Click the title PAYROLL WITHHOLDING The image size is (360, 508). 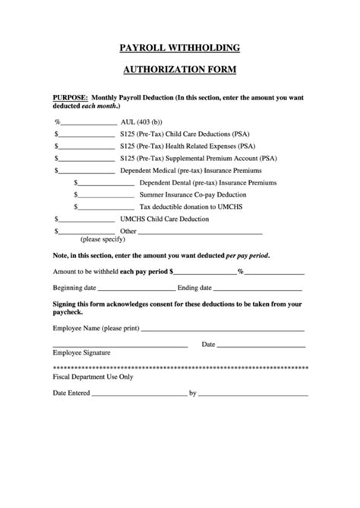coord(180,48)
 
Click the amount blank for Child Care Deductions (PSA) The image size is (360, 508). coord(86,134)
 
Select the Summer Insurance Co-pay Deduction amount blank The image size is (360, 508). coord(106,195)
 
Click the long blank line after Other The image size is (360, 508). coord(201,232)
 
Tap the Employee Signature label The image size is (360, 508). coord(81,353)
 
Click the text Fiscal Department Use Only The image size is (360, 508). coord(93,376)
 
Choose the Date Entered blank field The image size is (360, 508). coord(139,394)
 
